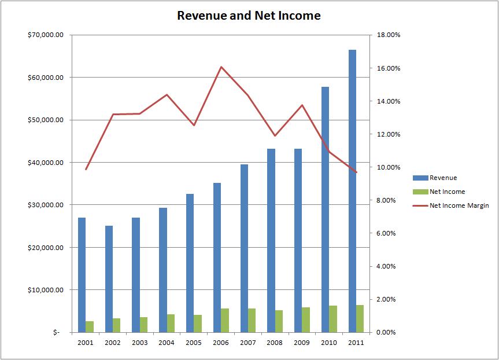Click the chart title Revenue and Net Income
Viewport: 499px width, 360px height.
coord(249,16)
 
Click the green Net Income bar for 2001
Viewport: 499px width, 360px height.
coord(90,326)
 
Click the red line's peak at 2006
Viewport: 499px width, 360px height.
coord(221,67)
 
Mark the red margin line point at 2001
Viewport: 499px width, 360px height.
coord(86,170)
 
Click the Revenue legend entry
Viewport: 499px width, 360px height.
coord(443,178)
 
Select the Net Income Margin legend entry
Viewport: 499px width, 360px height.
coord(459,205)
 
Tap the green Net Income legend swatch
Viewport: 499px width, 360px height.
coord(420,192)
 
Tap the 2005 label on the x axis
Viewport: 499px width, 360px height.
coord(194,342)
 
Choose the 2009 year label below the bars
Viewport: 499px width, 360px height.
coord(302,342)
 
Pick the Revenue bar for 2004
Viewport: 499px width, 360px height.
coord(163,270)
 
